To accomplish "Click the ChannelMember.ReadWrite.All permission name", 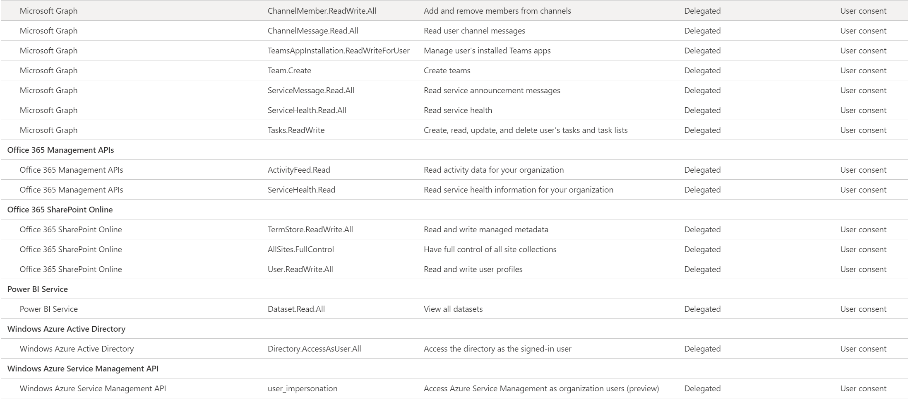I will [x=322, y=11].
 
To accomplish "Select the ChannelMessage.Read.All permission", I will [x=312, y=31].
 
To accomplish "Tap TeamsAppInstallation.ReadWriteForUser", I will [x=338, y=51].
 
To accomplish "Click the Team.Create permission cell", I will [x=289, y=70].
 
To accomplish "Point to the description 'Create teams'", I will [x=447, y=70].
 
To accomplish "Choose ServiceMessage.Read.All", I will [x=311, y=90].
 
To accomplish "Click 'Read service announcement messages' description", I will [x=492, y=90].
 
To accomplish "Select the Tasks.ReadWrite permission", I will [x=296, y=130].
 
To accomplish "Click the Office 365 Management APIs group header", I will [x=60, y=150].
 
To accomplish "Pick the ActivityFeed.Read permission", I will [x=299, y=170].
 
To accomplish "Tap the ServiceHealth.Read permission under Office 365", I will [x=301, y=190].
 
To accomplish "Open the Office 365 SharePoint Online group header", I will [x=60, y=210].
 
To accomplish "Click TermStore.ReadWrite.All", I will [x=310, y=229].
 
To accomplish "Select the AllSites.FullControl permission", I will [x=300, y=249].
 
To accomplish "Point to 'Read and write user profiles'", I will [x=473, y=269].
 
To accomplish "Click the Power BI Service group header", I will [x=38, y=289].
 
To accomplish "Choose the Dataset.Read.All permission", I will [x=296, y=309].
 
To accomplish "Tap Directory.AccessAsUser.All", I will [x=314, y=349].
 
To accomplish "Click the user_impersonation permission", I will [x=302, y=388].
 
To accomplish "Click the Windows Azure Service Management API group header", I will [x=83, y=369].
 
